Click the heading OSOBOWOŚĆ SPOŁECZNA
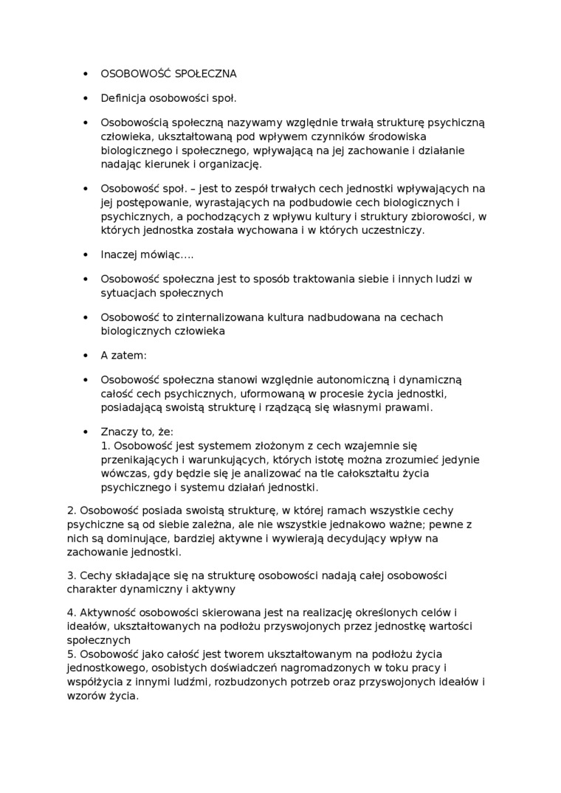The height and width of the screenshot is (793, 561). (168, 74)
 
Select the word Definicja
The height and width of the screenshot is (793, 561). (123, 98)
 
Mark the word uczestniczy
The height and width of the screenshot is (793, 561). (394, 229)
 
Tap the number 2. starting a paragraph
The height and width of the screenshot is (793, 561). (72, 510)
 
